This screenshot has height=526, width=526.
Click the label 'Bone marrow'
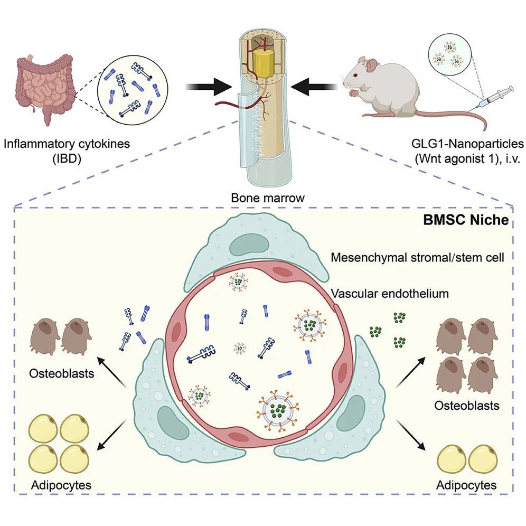click(261, 199)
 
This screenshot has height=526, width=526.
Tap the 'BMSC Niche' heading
click(466, 220)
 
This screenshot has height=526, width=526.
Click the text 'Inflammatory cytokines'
click(66, 143)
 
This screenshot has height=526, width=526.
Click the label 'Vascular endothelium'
click(390, 293)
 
